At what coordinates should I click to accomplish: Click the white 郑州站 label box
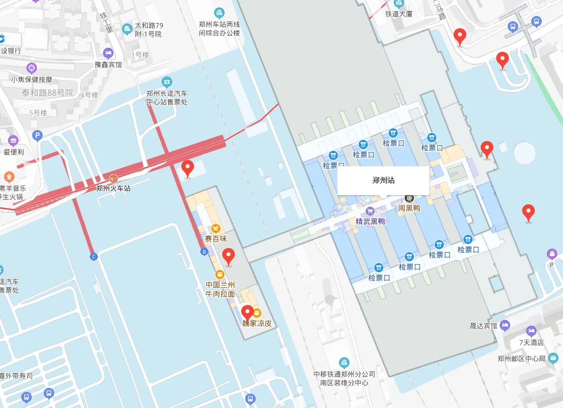383,180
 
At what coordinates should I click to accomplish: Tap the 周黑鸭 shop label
409,208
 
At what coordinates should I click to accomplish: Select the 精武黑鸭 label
370,221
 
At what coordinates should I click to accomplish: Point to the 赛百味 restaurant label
216,238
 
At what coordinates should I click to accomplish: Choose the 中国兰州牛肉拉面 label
220,289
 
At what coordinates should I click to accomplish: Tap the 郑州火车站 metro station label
113,188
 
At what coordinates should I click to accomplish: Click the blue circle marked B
204,251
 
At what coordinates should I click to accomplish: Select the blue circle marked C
94,256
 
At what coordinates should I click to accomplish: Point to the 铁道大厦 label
399,13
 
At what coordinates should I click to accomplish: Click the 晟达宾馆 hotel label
484,326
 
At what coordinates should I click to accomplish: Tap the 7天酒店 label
531,342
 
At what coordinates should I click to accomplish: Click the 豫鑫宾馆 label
109,64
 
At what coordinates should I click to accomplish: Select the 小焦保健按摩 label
32,79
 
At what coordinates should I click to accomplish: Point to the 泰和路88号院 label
48,93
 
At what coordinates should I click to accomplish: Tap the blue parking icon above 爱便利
37,136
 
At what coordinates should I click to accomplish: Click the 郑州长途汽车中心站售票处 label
167,97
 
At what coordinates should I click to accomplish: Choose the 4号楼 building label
89,95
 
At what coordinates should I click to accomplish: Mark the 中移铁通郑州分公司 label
344,374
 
